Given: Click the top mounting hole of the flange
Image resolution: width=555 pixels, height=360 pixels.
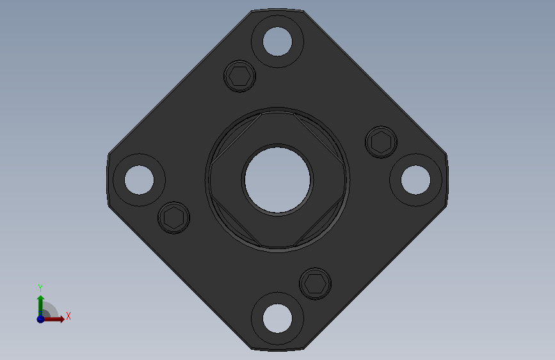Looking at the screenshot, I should coord(277,42).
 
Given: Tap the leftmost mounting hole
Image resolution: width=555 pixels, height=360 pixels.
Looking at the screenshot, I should coord(138,179).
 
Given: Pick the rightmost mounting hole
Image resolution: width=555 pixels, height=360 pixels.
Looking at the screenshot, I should coord(416,180).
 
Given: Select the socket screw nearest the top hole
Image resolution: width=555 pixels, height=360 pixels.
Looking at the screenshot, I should coord(240,76).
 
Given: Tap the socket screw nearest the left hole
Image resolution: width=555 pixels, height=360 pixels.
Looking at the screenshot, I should coord(173,218).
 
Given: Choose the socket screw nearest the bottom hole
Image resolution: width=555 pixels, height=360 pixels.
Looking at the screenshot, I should coord(316,283).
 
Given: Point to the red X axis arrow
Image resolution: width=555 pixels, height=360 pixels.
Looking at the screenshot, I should coord(56,318).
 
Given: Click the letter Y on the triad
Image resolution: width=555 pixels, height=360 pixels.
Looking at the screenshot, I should coord(40,288).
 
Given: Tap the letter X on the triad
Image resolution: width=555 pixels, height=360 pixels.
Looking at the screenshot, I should coord(68,316).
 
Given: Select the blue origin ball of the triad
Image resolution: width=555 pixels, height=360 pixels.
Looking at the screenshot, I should coord(40,318).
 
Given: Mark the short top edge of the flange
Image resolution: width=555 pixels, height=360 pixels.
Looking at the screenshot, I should coord(277,10).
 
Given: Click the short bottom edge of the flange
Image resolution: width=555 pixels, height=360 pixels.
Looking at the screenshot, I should coord(278,350).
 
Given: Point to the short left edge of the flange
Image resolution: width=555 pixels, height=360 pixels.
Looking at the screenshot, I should coord(108,179).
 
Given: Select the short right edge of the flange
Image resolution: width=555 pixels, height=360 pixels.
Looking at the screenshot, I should coord(447,180).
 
